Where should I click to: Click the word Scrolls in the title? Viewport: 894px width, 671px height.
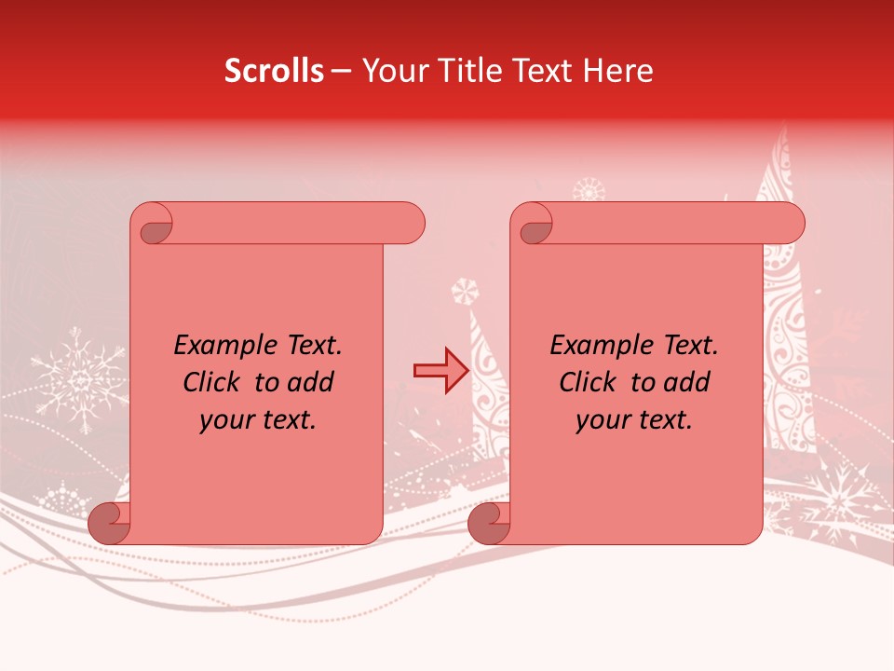click(x=275, y=71)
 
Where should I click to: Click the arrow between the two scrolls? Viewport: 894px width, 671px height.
click(x=440, y=370)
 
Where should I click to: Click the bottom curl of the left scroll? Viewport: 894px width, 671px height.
click(x=110, y=523)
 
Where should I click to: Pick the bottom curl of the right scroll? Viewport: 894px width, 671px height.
click(x=490, y=523)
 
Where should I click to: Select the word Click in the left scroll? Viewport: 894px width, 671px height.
click(x=213, y=383)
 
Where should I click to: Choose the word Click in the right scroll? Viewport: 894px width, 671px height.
click(x=589, y=383)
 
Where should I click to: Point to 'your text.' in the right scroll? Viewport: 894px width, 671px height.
click(x=634, y=420)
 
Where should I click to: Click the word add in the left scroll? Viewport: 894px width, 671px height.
click(x=311, y=383)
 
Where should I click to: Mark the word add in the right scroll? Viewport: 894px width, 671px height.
click(x=687, y=383)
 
